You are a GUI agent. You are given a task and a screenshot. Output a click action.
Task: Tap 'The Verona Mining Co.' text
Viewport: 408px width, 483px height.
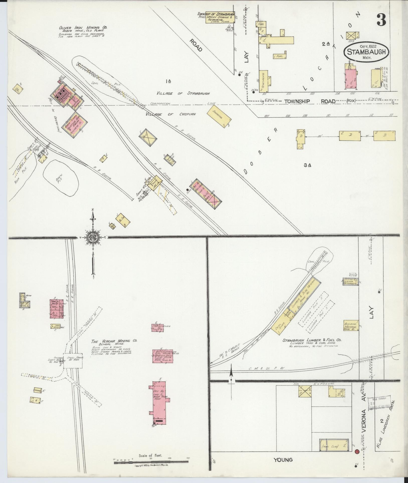[x=115, y=341]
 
